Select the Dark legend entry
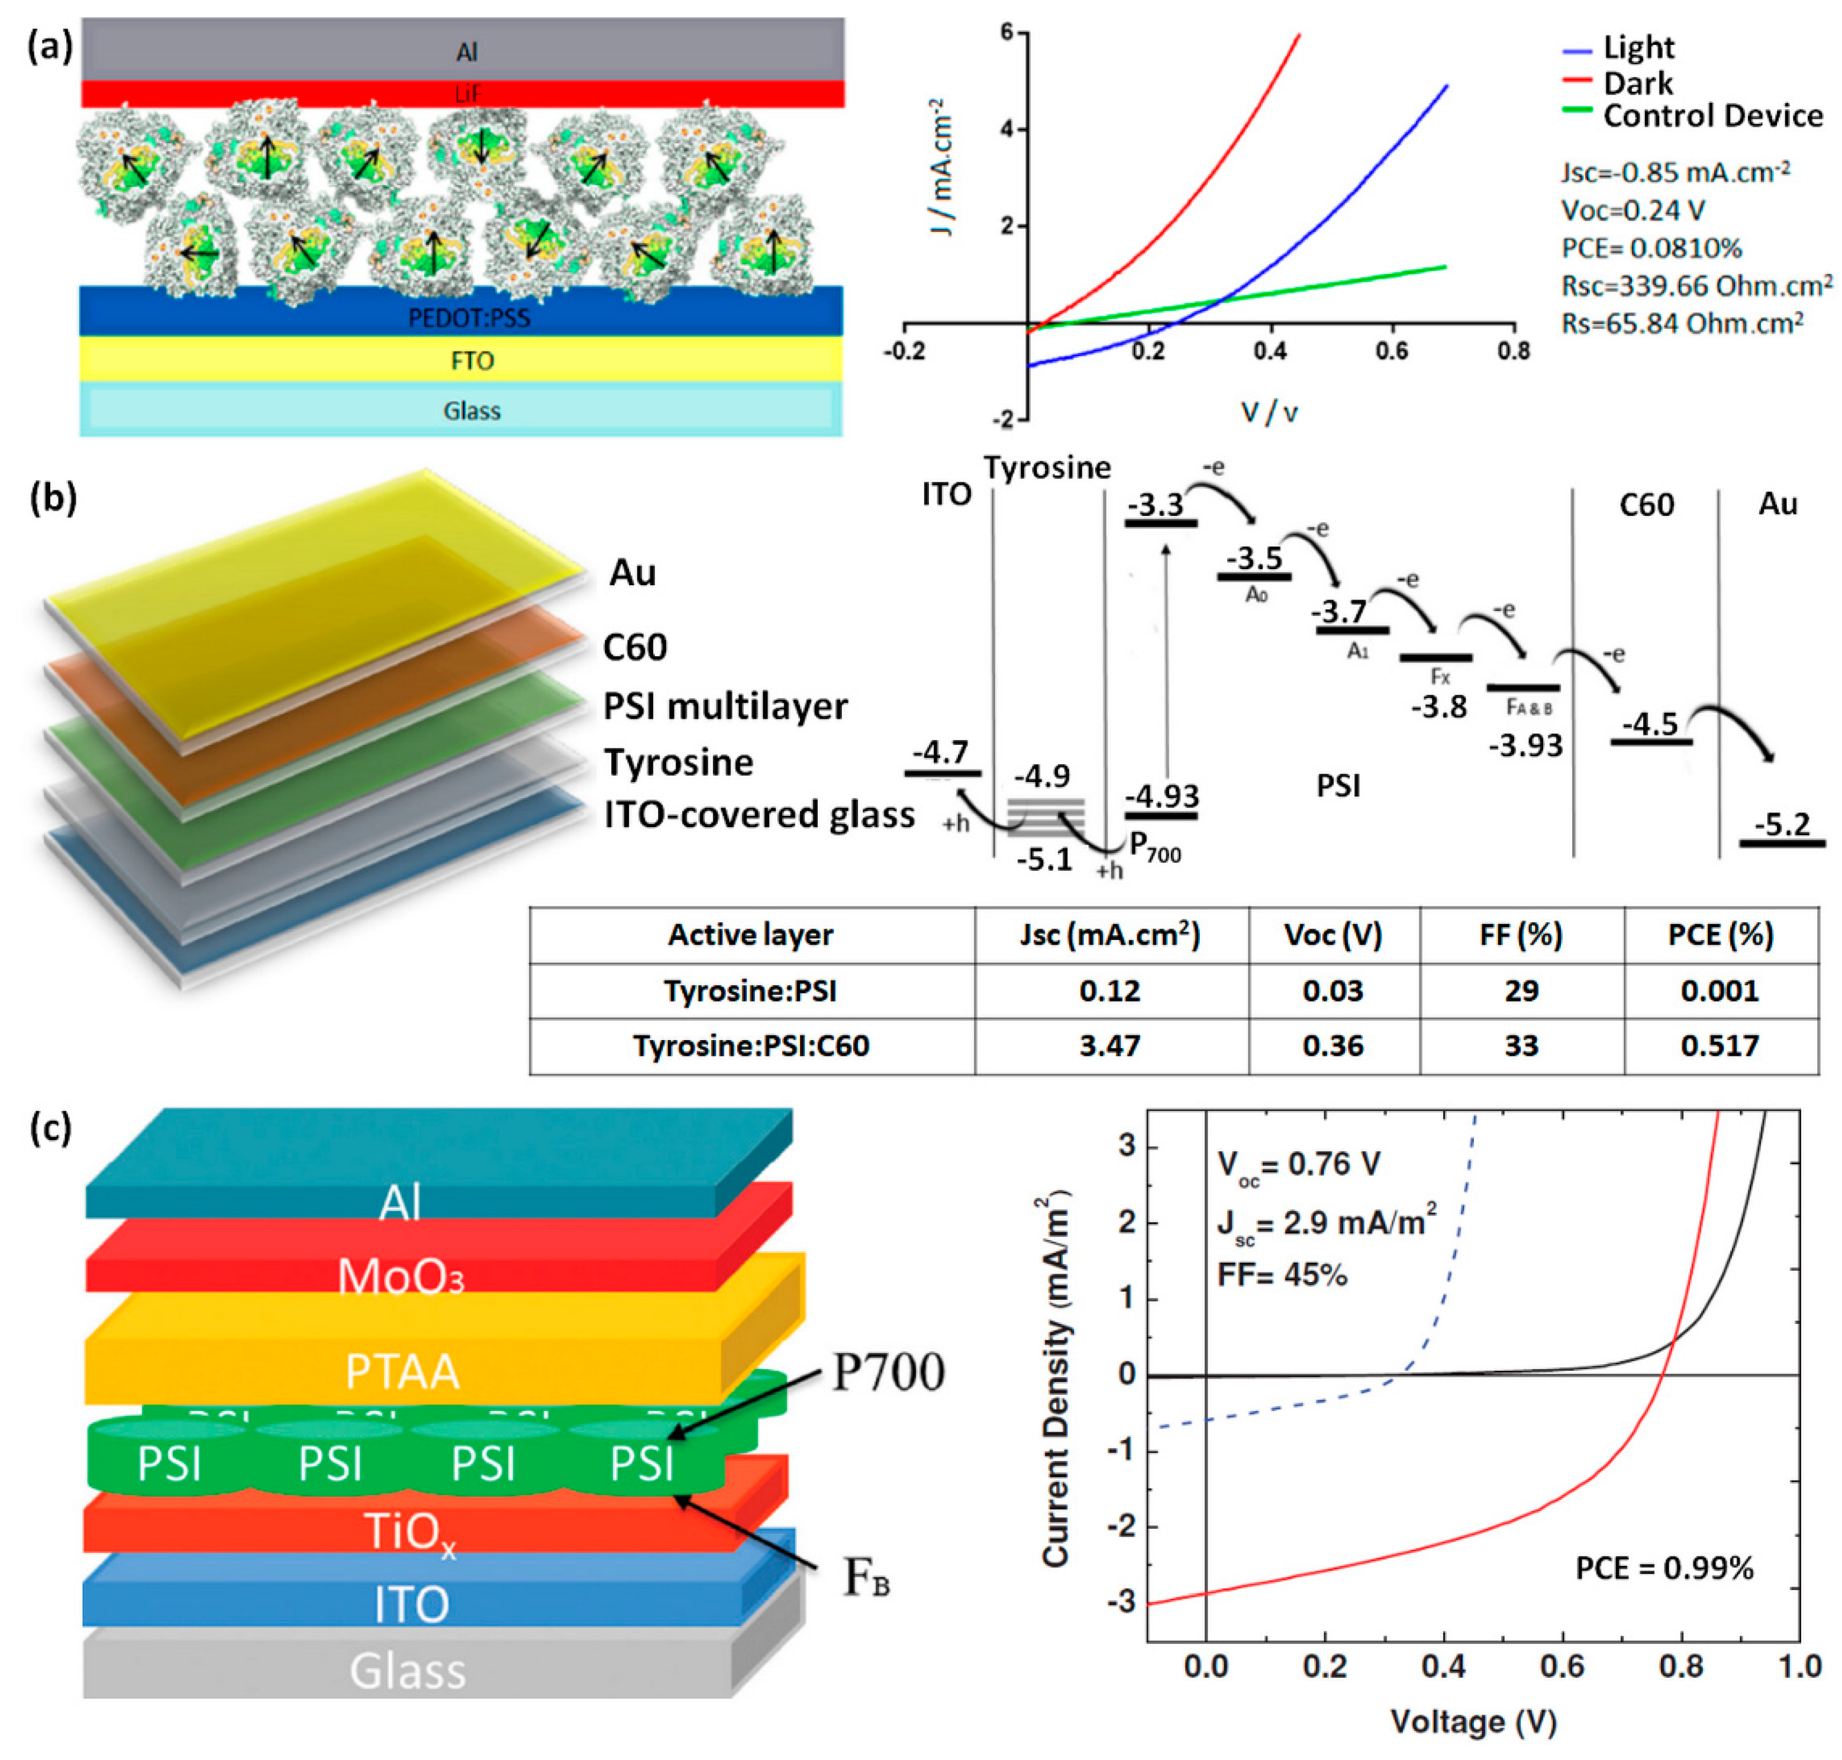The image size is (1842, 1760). (x=1637, y=83)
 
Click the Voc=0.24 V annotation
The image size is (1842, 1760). (x=1632, y=210)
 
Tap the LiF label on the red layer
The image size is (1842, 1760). (x=466, y=94)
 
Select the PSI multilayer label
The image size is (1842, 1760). (x=724, y=706)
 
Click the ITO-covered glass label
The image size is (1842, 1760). (x=758, y=814)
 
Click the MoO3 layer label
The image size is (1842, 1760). (x=401, y=1277)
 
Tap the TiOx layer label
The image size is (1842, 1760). (x=410, y=1532)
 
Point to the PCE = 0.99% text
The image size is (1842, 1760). (x=1664, y=1568)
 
